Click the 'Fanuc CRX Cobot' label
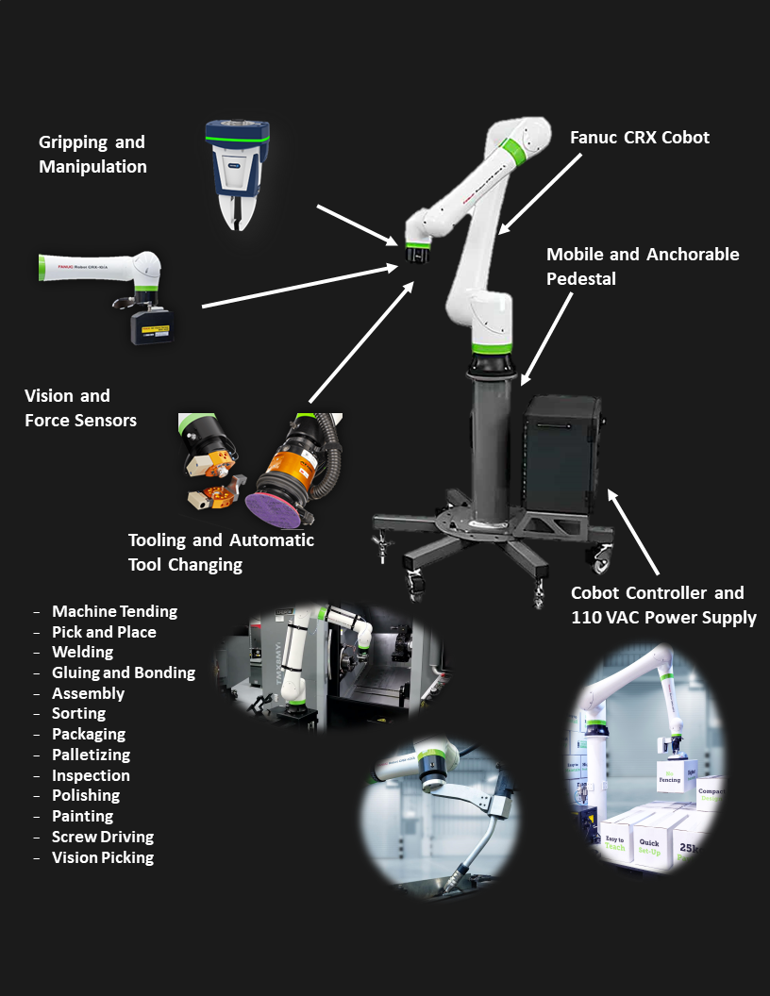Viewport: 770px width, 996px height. click(639, 138)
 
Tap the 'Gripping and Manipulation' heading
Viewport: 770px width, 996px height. click(92, 155)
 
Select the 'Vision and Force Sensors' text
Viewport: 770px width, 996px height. click(80, 407)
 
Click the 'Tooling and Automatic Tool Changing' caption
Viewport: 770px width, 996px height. click(221, 553)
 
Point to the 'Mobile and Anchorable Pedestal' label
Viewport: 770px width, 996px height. click(643, 266)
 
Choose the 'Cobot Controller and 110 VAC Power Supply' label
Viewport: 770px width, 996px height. click(663, 606)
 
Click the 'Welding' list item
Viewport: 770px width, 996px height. click(82, 653)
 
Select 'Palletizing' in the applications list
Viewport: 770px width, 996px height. click(91, 755)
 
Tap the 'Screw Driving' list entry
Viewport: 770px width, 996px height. click(102, 838)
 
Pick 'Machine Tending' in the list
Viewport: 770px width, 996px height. click(114, 612)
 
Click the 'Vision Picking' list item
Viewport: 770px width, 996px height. click(102, 858)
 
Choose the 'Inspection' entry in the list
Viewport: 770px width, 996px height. click(91, 776)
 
